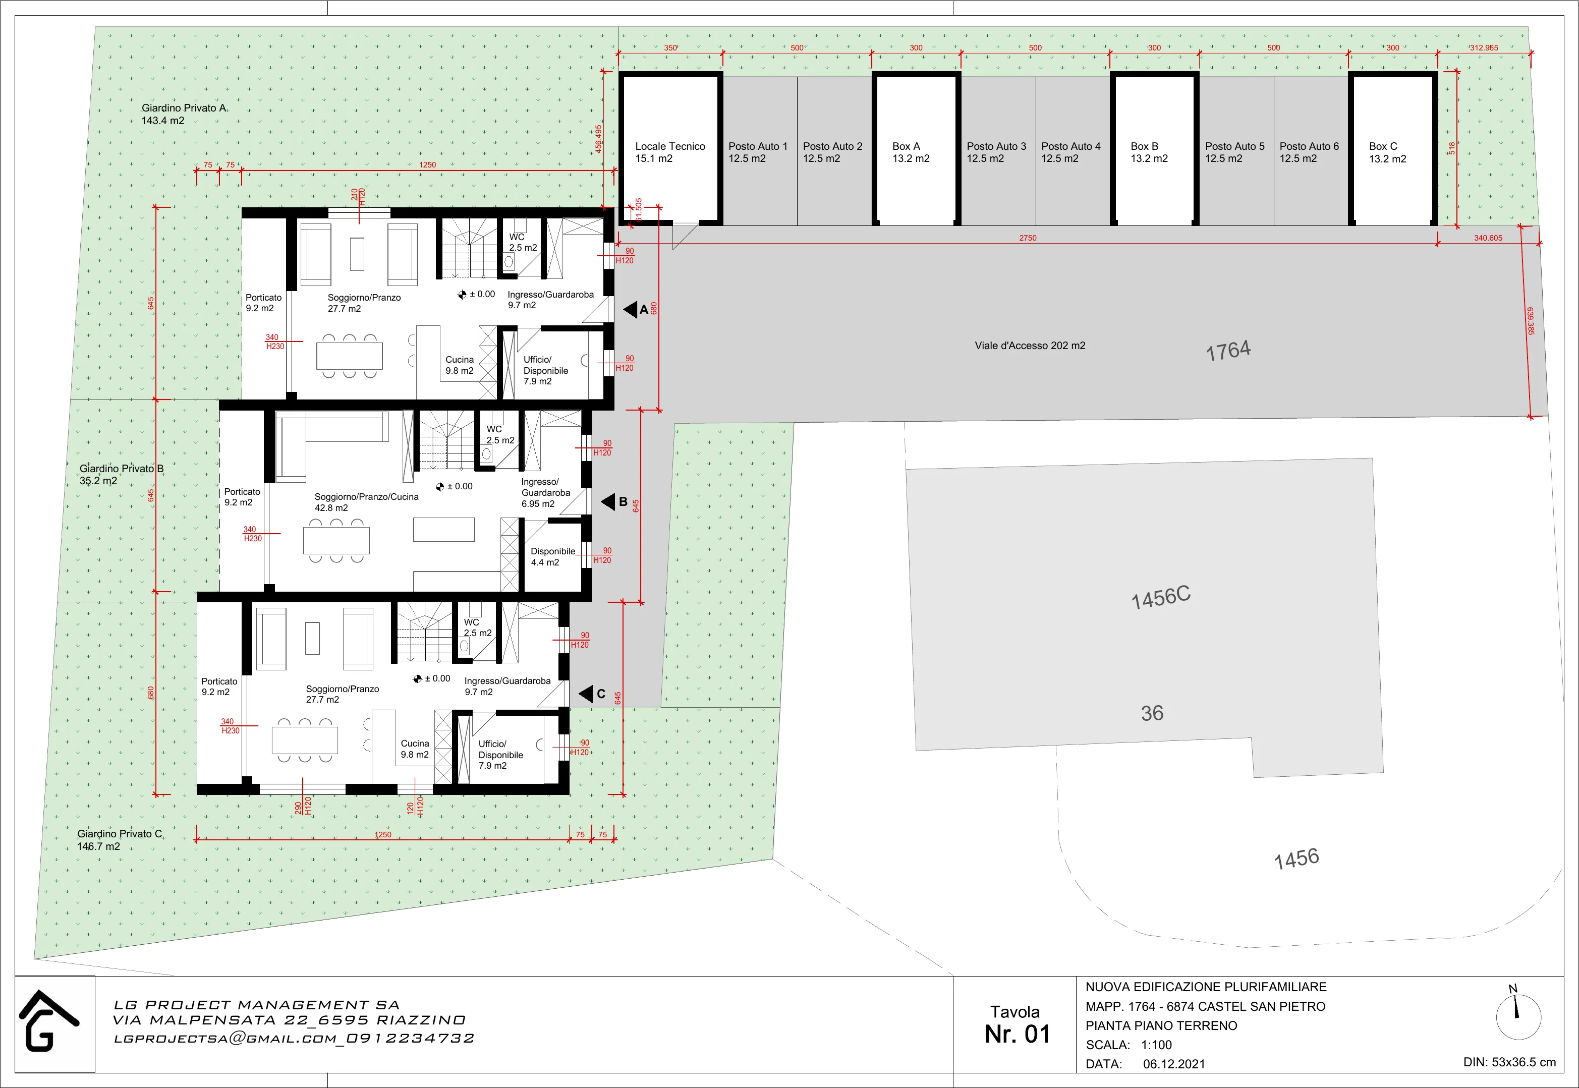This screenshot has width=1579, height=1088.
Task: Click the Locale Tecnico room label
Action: (670, 152)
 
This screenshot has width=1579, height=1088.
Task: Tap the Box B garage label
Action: (1149, 152)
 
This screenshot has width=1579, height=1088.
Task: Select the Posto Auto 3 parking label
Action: (996, 152)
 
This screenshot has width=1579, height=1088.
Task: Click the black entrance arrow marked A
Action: (630, 310)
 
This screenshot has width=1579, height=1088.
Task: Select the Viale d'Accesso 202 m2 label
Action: (1030, 346)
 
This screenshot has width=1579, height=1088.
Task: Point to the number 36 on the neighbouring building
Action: (1152, 713)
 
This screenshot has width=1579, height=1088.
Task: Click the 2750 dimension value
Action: (1028, 238)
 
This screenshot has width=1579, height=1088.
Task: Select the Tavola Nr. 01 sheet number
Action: (1017, 1024)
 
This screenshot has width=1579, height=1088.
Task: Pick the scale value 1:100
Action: (1156, 1045)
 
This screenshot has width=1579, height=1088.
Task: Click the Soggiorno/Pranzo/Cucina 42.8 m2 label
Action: (366, 502)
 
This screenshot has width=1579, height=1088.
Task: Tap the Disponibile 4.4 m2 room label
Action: (553, 557)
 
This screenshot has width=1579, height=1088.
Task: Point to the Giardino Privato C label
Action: (120, 840)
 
